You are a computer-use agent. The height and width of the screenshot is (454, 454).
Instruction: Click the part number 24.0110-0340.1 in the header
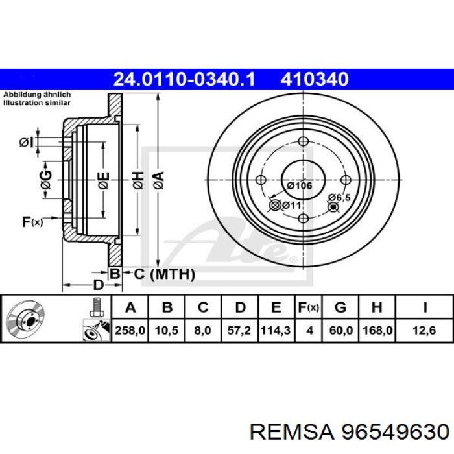coord(184,79)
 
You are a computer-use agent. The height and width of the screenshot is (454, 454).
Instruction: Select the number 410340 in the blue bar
coord(315,79)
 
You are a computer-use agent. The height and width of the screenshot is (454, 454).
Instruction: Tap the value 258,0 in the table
coord(130,330)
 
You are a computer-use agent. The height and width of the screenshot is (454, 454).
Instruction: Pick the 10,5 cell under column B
coord(167,330)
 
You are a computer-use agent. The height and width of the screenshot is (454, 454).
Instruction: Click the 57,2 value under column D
coord(240,330)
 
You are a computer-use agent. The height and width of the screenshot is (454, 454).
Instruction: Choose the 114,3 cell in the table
coord(276,330)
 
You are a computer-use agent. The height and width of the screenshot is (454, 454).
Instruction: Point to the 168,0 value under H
coord(377,330)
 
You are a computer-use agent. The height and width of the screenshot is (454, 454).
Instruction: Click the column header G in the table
coord(340,307)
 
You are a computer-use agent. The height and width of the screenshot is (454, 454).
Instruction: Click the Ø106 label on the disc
coord(300,185)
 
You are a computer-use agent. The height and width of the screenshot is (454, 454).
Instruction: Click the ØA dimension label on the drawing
coord(158,176)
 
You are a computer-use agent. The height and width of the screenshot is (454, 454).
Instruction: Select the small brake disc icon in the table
coord(23,318)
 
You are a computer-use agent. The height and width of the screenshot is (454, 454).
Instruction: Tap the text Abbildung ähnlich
coord(36,95)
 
